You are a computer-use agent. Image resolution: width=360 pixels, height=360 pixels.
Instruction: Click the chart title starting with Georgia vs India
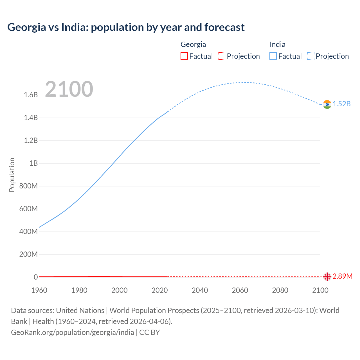126,27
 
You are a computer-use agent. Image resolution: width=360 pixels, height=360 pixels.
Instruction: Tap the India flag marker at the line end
327,104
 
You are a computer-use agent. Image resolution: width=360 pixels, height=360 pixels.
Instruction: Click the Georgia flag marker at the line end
327,277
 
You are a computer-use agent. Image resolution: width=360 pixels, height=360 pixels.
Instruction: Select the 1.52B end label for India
342,104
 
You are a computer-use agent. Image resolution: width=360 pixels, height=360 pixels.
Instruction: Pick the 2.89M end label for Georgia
342,276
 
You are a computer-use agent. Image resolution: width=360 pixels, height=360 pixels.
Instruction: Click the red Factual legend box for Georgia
184,56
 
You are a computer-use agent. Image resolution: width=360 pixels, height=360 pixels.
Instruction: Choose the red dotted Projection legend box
222,56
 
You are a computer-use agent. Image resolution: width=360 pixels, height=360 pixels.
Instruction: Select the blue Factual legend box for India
273,56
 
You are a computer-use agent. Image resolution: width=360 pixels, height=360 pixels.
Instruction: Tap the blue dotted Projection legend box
311,56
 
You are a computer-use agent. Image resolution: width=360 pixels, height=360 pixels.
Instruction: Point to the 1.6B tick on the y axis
31,95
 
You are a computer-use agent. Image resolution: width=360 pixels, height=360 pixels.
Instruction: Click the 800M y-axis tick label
28,186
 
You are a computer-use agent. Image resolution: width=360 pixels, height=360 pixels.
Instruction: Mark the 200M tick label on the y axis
28,255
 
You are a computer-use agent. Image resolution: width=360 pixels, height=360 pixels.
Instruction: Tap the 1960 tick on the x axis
39,290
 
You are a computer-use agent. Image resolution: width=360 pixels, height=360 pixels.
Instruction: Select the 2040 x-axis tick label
200,290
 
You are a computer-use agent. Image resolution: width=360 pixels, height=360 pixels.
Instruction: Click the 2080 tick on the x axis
280,290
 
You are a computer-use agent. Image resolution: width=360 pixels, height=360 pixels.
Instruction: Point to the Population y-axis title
12,175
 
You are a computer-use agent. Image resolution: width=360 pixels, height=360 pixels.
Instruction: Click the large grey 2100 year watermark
69,89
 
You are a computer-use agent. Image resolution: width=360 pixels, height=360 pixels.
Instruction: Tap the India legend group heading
277,44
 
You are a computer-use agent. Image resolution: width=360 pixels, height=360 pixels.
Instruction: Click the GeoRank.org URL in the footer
73,332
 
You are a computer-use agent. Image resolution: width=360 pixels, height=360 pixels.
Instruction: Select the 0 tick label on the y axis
36,277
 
